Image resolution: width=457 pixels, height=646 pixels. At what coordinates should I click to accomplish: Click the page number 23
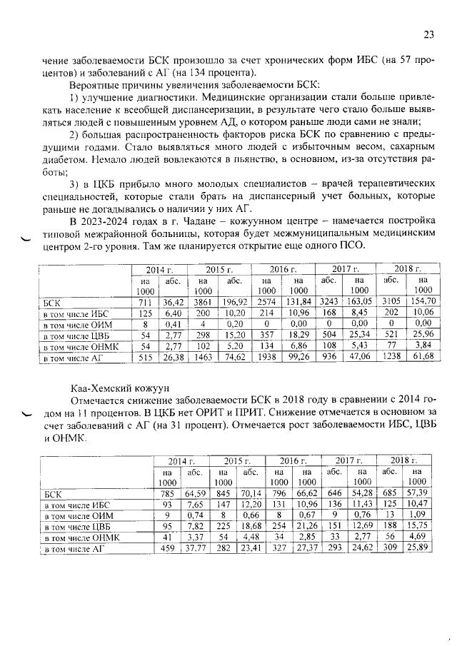pos(428,34)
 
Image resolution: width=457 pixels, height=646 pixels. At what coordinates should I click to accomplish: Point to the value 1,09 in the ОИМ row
pos(416,515)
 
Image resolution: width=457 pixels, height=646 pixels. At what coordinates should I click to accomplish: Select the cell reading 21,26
pos(307,527)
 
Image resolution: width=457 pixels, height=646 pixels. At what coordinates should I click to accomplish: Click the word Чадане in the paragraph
pos(166,220)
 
